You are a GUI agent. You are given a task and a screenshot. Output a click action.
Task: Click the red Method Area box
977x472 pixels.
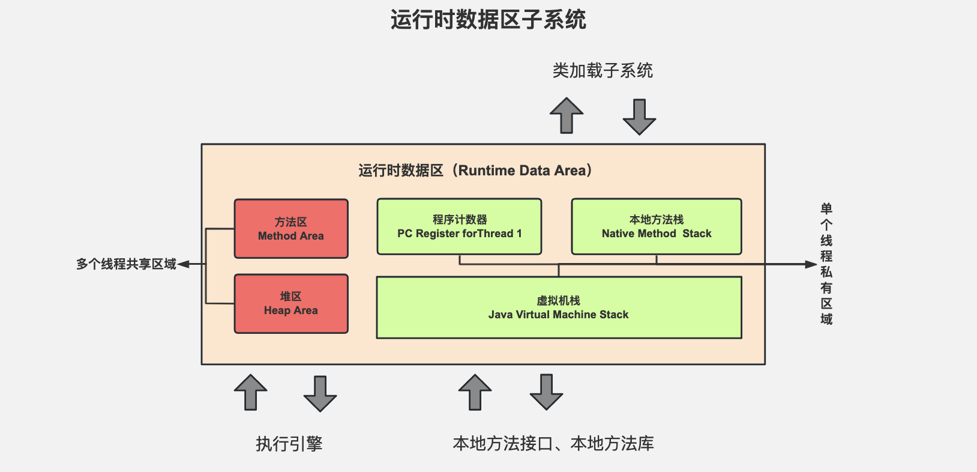click(x=291, y=229)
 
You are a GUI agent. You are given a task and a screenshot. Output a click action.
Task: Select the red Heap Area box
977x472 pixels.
click(x=291, y=304)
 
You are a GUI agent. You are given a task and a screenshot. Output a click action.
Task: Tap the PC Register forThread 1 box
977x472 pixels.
click(x=459, y=226)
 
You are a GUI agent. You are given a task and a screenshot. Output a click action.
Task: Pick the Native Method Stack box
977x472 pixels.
click(x=657, y=226)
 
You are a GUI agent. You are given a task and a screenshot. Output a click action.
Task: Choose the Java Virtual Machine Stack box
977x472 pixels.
click(x=559, y=307)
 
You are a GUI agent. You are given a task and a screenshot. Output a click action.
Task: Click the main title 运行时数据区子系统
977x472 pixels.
click(x=489, y=20)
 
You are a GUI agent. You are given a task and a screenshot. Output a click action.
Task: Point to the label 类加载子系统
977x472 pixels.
click(x=603, y=71)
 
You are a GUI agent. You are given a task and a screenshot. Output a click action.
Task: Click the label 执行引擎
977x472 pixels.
click(x=289, y=444)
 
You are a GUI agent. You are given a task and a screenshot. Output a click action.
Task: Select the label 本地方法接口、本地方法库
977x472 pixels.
click(x=553, y=444)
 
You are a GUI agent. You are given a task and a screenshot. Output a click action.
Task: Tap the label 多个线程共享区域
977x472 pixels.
click(x=126, y=264)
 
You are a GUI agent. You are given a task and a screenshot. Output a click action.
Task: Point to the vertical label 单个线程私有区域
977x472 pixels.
click(x=826, y=264)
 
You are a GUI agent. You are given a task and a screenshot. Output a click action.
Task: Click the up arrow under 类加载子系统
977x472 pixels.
click(x=567, y=115)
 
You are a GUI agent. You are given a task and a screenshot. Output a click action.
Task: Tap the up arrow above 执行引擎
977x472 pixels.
click(x=251, y=392)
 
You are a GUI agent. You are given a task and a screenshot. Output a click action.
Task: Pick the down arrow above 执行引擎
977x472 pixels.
click(x=320, y=394)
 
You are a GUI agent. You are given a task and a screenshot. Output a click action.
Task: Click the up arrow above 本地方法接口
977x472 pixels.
click(x=475, y=392)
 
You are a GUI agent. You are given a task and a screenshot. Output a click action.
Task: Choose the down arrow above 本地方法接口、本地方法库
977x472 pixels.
click(x=546, y=392)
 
